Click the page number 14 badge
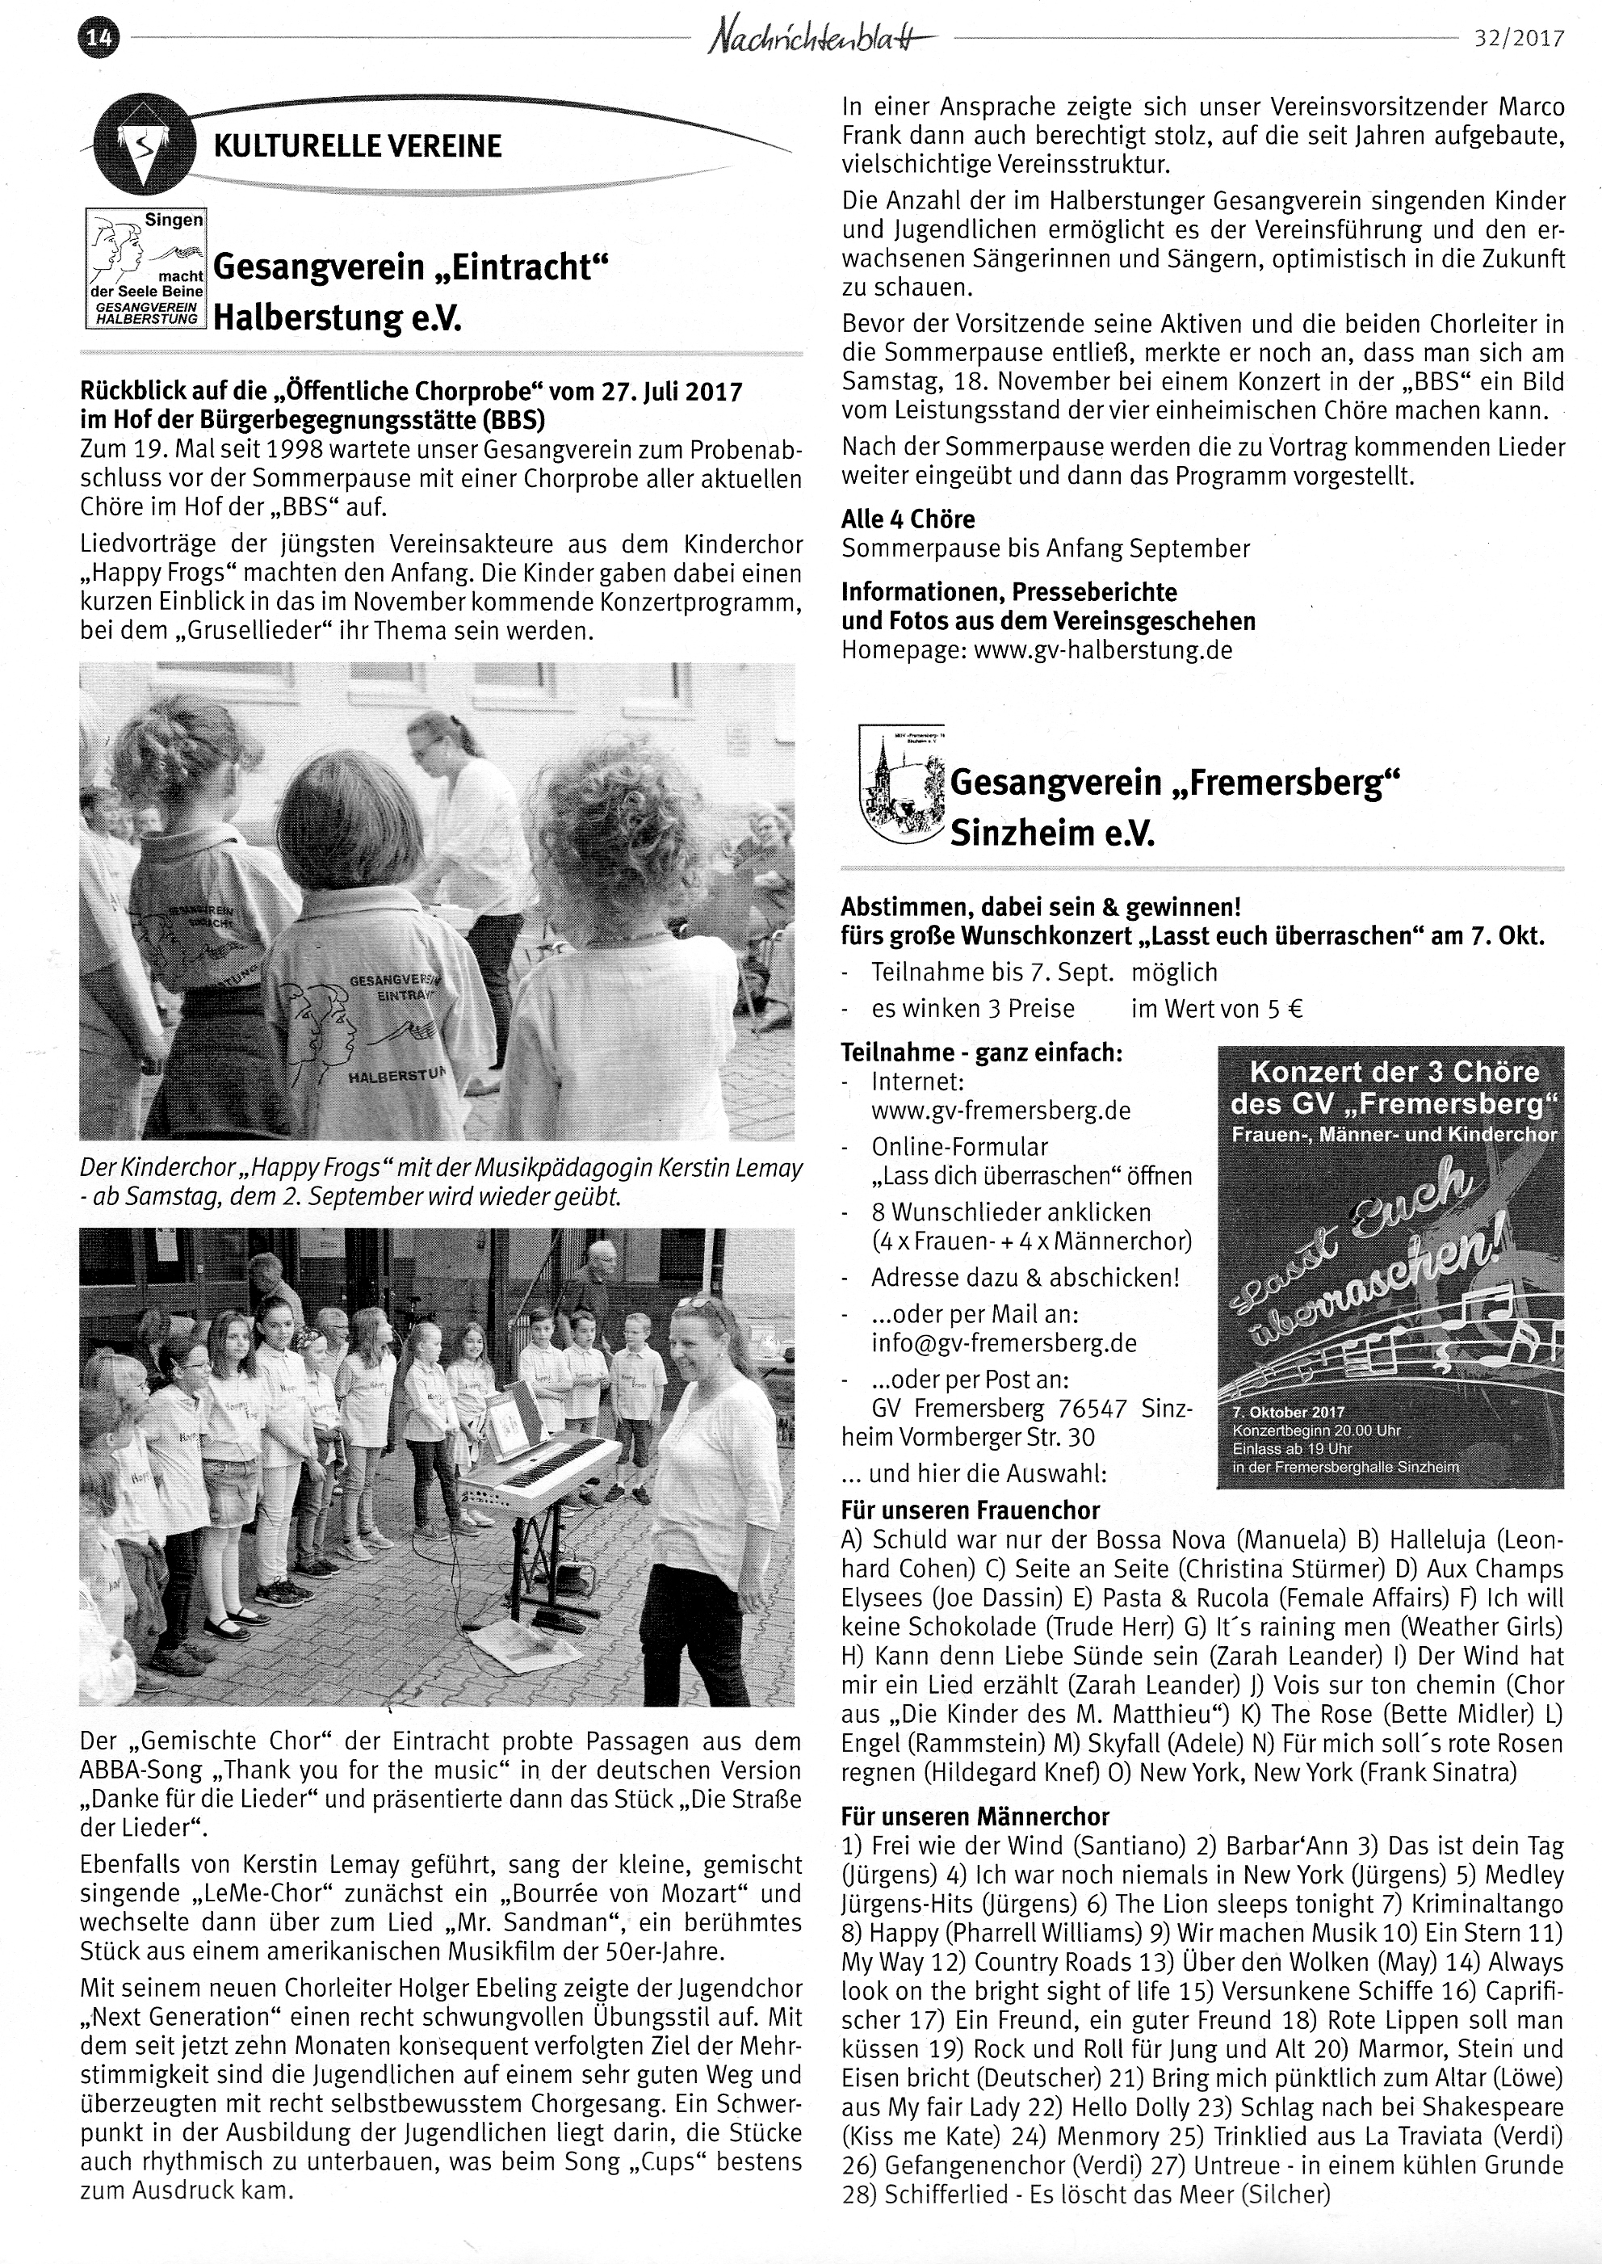coord(99,40)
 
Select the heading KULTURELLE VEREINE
coord(358,147)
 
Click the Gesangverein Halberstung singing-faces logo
coord(146,267)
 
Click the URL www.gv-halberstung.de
coord(1103,650)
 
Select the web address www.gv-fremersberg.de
coord(1000,1111)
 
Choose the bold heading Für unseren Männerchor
coord(975,1817)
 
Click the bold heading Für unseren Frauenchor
coord(970,1510)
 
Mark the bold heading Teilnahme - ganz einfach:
coord(982,1052)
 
